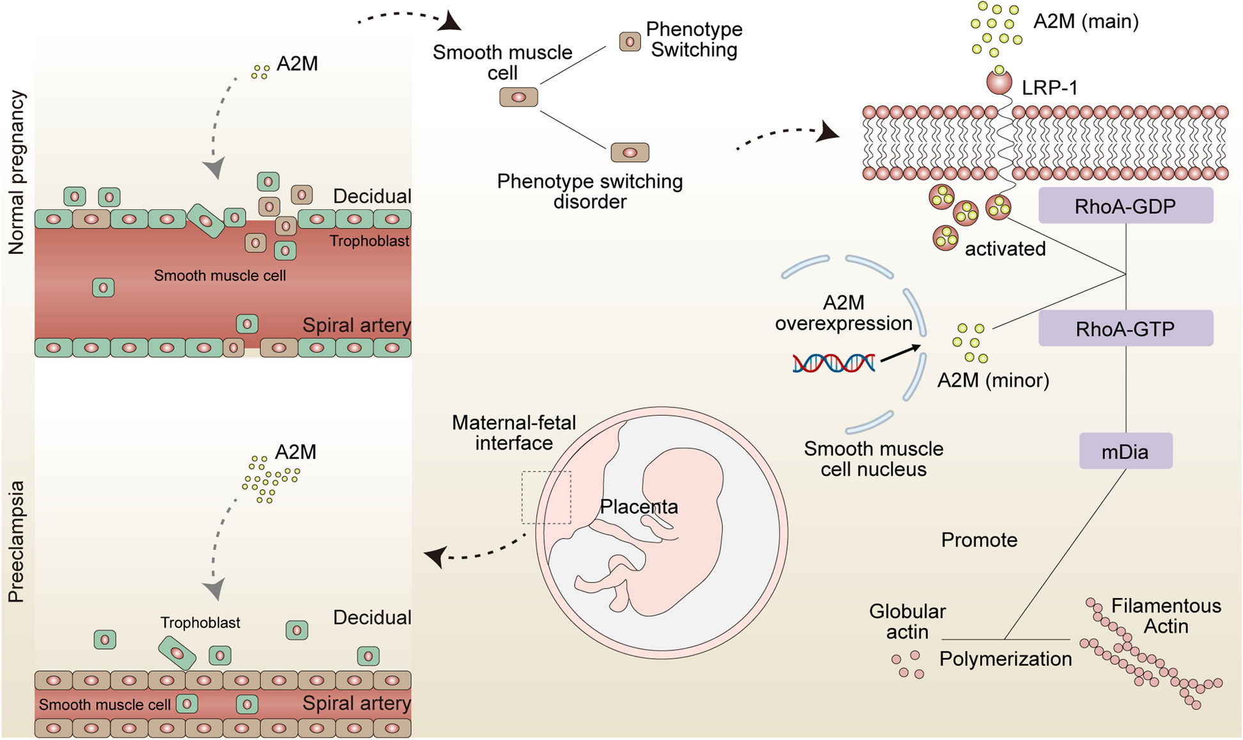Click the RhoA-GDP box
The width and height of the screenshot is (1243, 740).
tap(1125, 206)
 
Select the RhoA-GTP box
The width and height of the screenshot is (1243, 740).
tap(1125, 329)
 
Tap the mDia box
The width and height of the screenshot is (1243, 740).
tap(1125, 452)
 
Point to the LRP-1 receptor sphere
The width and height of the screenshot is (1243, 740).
tap(999, 83)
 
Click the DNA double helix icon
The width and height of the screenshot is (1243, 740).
tap(834, 363)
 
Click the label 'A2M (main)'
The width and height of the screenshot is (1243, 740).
tap(1086, 22)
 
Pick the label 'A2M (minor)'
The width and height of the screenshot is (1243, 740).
tap(993, 381)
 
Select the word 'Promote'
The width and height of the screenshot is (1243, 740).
tap(979, 540)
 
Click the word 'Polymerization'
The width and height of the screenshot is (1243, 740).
tap(1005, 659)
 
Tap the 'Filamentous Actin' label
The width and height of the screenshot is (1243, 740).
tap(1166, 616)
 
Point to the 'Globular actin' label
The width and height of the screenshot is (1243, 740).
tap(907, 622)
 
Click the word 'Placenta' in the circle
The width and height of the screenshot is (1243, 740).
tap(639, 507)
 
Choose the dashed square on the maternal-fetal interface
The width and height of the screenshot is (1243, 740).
tap(546, 498)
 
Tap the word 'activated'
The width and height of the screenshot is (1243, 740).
tap(1005, 249)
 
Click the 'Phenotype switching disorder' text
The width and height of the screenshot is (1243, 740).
tap(590, 192)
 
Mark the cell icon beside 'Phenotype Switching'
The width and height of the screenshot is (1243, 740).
tap(630, 42)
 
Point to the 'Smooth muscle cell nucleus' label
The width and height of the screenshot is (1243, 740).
tap(873, 459)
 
